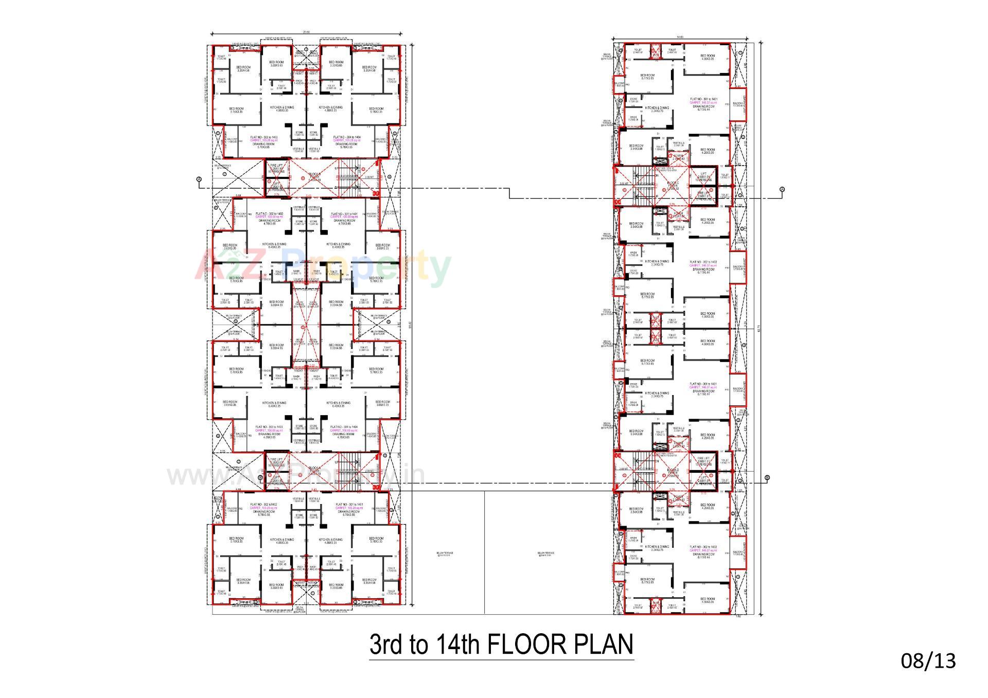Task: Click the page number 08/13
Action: pos(928,660)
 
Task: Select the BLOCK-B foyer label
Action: pos(314,177)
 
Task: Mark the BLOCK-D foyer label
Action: pos(673,471)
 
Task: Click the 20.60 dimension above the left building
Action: pos(307,32)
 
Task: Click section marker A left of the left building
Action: pos(199,179)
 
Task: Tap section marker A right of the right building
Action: pos(782,189)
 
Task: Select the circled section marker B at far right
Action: pos(767,478)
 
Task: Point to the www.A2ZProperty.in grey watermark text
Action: pos(296,476)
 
